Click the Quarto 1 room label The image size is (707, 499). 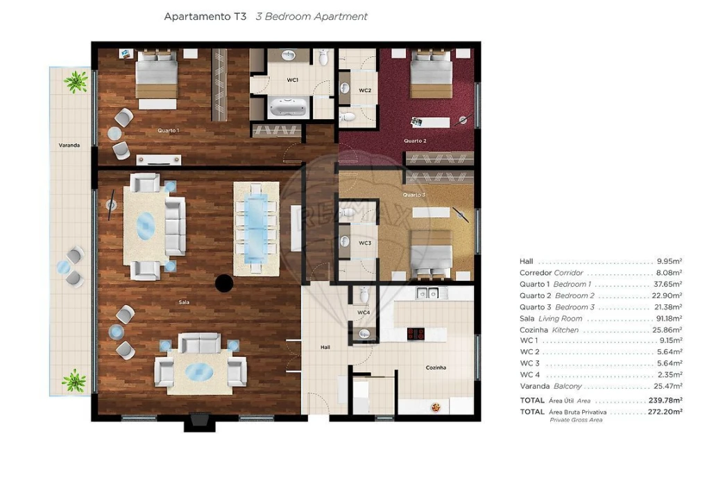pyautogui.click(x=169, y=130)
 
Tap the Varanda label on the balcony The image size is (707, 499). pyautogui.click(x=69, y=146)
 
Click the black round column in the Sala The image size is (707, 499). pyautogui.click(x=223, y=282)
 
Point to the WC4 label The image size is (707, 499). pyautogui.click(x=364, y=313)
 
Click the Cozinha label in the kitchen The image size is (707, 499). pyautogui.click(x=436, y=367)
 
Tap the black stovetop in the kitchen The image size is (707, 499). pyautogui.click(x=416, y=333)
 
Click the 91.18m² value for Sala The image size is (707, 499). pyautogui.click(x=669, y=319)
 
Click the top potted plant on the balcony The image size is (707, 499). pyautogui.click(x=75, y=82)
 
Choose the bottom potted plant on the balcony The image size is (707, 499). pyautogui.click(x=74, y=380)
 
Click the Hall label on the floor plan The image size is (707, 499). pyautogui.click(x=325, y=347)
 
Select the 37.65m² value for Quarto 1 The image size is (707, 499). pyautogui.click(x=669, y=284)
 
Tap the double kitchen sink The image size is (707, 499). pyautogui.click(x=429, y=293)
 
